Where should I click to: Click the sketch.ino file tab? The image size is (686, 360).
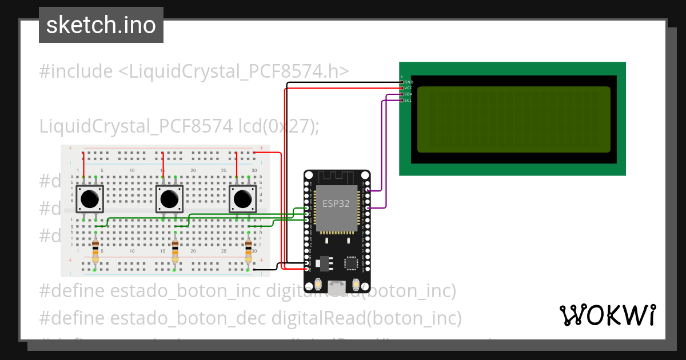tap(101, 25)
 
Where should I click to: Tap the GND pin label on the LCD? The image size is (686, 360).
tap(408, 82)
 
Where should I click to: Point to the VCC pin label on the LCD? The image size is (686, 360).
tap(408, 88)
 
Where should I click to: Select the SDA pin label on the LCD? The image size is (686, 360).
tap(408, 94)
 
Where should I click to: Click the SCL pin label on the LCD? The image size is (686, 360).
tap(408, 101)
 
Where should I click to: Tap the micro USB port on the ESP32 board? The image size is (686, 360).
tap(337, 284)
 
